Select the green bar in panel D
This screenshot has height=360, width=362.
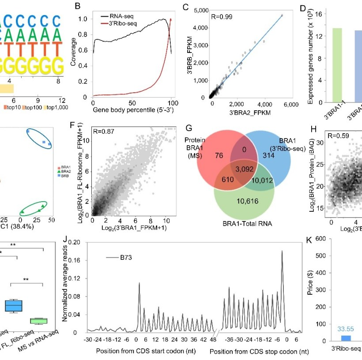pyautogui.click(x=337, y=64)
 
